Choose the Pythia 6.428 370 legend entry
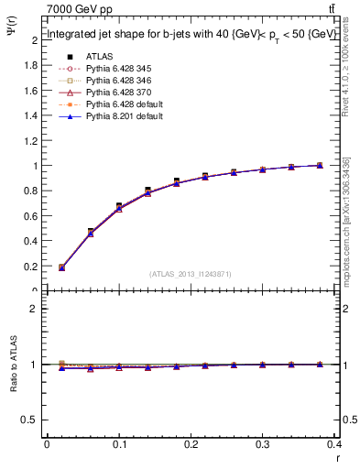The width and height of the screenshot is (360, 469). click(x=107, y=93)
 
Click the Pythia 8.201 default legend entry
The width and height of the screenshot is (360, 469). click(x=110, y=117)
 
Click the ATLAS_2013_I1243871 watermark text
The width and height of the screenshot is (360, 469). click(x=190, y=274)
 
